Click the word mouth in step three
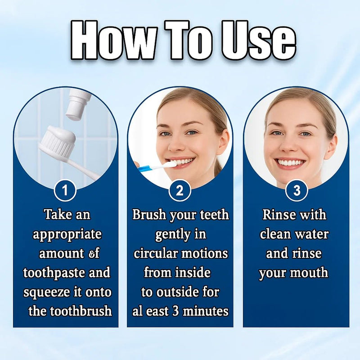pyautogui.click(x=311, y=273)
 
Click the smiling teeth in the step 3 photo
pyautogui.click(x=290, y=162)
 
